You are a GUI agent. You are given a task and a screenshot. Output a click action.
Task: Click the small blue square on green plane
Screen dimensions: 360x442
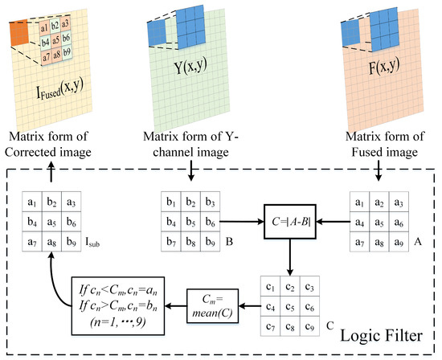pyautogui.click(x=156, y=32)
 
